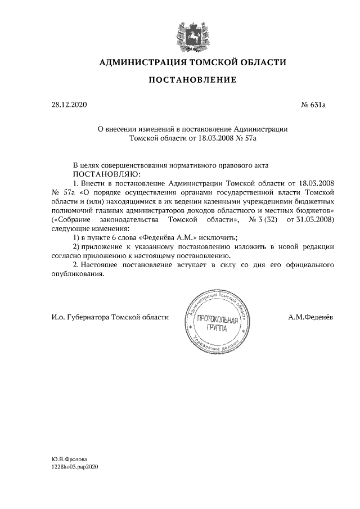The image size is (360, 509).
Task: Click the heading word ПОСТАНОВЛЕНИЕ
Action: (192, 80)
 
